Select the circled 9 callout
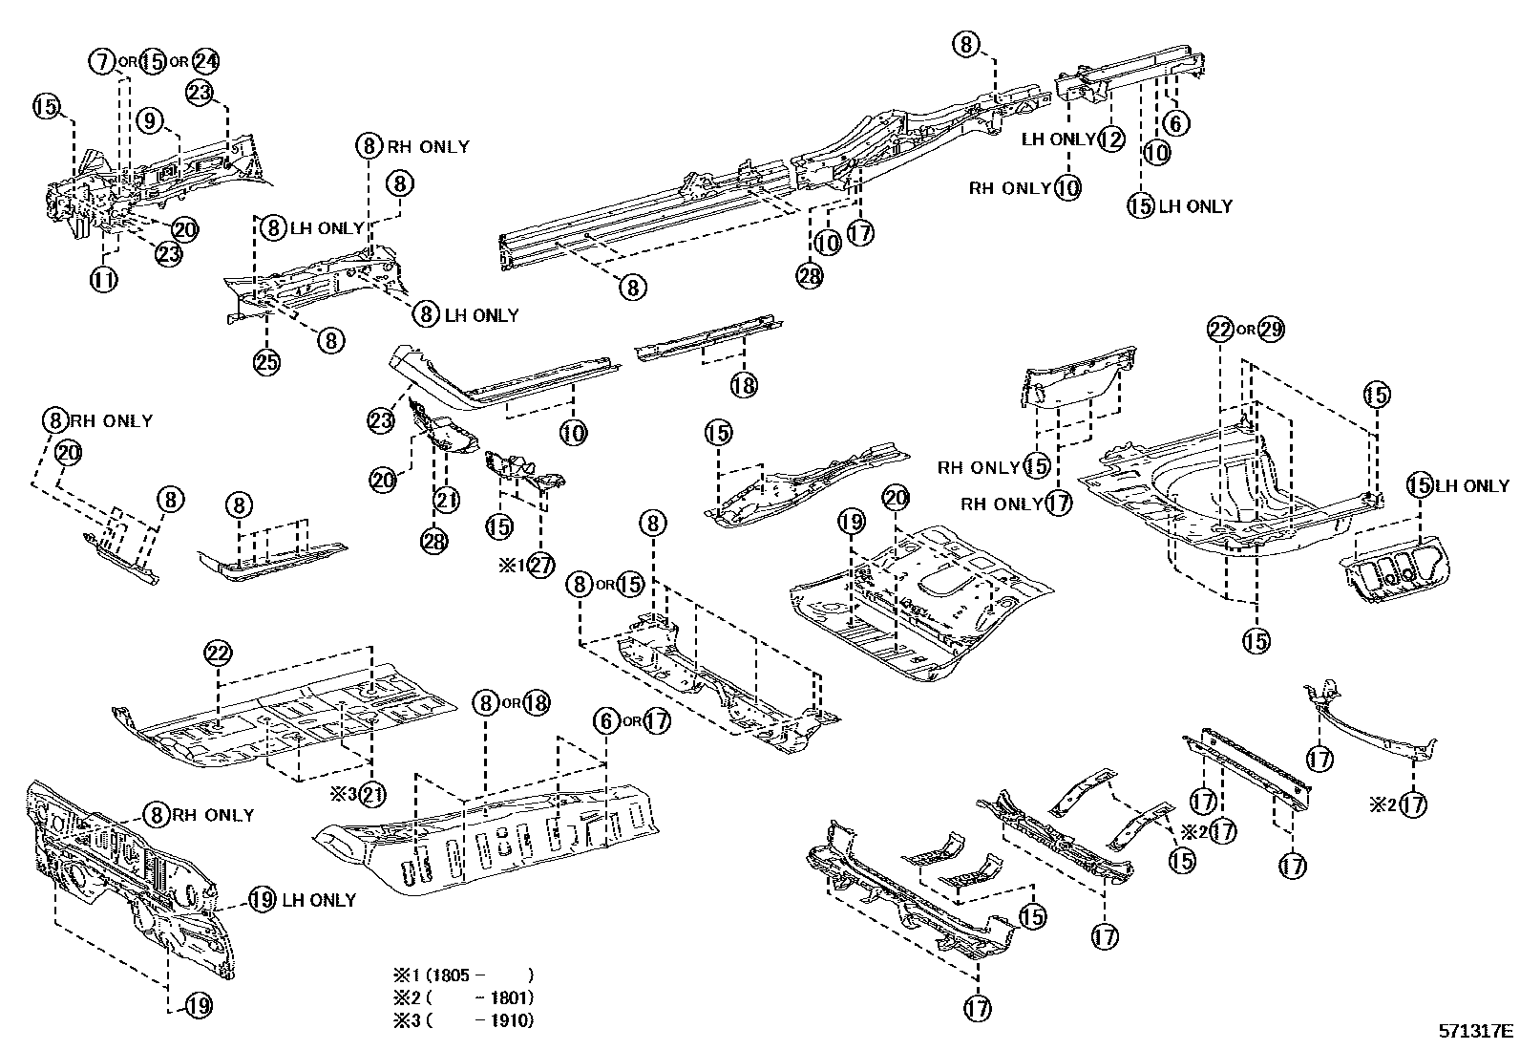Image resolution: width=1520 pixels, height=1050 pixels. tap(150, 120)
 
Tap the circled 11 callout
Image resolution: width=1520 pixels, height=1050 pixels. tap(103, 279)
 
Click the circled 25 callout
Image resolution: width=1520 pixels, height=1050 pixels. tap(266, 362)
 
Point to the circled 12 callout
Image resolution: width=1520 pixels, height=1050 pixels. tap(1110, 139)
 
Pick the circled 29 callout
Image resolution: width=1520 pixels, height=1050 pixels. tap(1271, 330)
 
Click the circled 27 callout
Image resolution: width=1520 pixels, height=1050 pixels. tap(540, 565)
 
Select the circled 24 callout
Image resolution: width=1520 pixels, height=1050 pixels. tap(205, 61)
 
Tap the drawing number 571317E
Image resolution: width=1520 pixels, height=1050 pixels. tap(1476, 1032)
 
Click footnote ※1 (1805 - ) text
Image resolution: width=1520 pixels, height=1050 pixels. tap(463, 975)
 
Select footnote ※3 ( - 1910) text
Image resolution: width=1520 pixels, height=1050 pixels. tap(463, 1020)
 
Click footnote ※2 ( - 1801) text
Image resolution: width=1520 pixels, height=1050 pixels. tap(463, 998)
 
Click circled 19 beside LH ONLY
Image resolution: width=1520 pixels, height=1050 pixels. tap(262, 899)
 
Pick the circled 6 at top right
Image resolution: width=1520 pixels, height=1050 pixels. tap(1174, 122)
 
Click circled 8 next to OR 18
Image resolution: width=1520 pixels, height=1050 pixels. tap(487, 704)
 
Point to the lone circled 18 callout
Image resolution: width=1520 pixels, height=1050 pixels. tap(744, 385)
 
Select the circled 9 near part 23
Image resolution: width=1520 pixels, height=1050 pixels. tap(150, 120)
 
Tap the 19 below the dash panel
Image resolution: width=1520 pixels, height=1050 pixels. tap(198, 1005)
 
